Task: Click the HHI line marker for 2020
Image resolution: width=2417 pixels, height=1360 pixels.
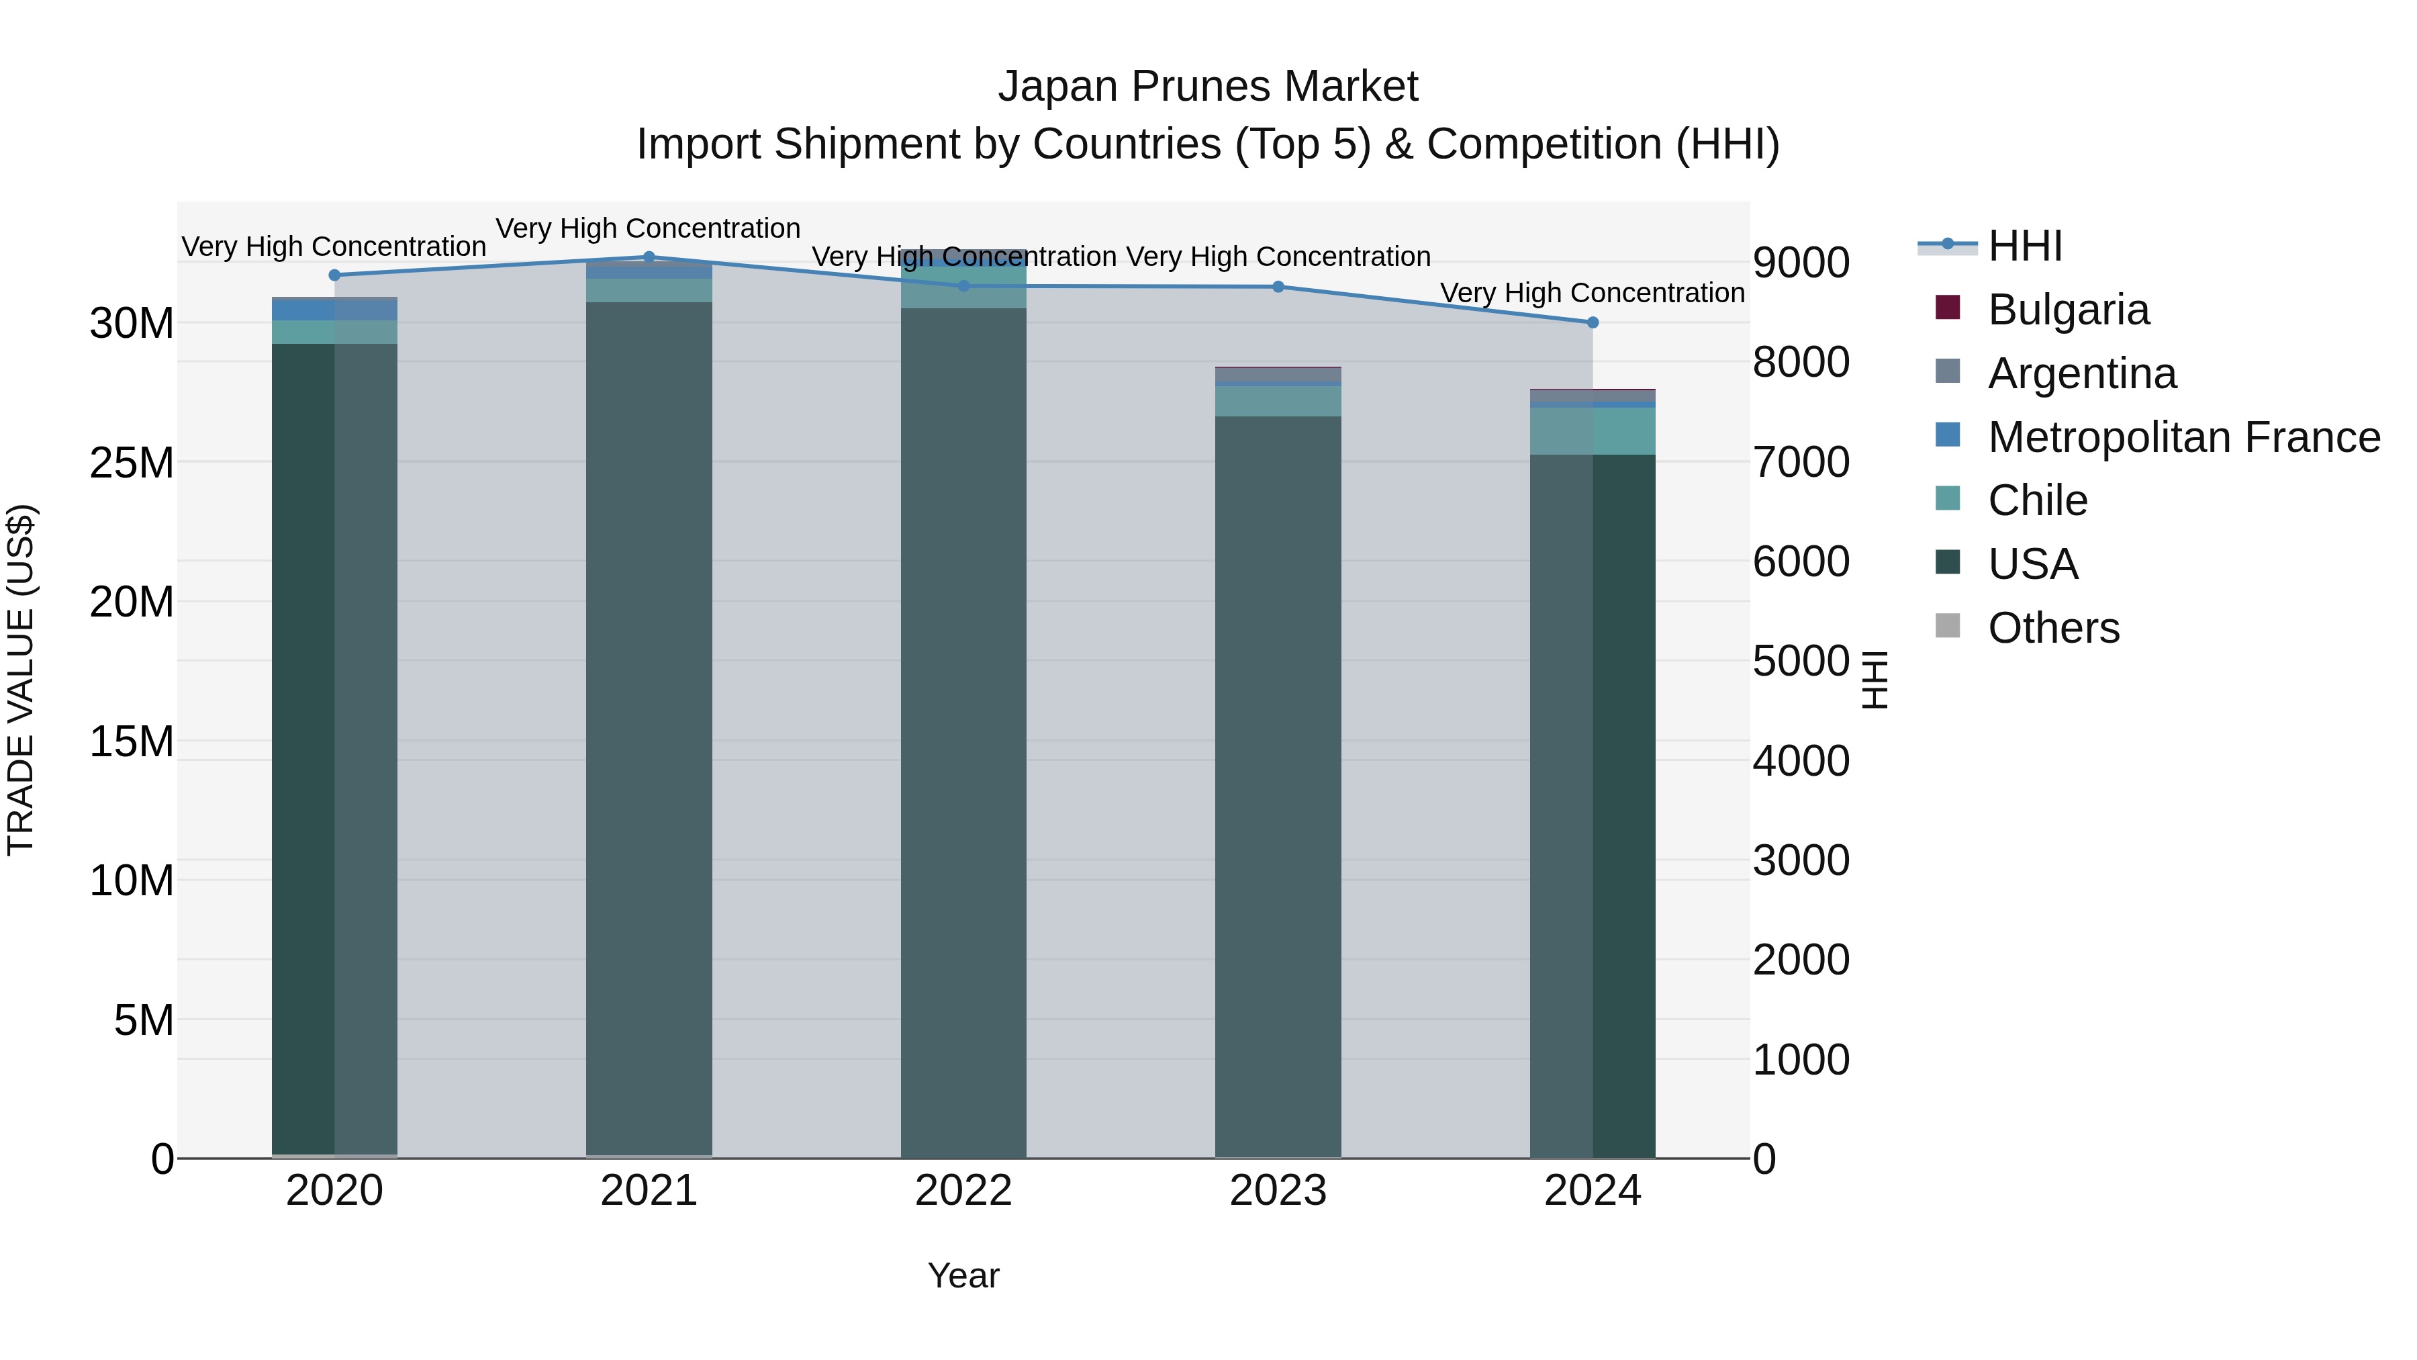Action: point(335,275)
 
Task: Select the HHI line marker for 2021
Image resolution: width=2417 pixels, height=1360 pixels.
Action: point(649,257)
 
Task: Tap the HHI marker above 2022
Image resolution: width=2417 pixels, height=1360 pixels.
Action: point(963,285)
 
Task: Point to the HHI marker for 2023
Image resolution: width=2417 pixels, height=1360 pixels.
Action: point(1278,286)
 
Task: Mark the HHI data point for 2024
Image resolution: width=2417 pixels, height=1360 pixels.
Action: point(1593,322)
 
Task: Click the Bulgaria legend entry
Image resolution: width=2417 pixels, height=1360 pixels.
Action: point(2068,310)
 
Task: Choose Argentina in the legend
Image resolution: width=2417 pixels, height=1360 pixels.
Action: point(2081,373)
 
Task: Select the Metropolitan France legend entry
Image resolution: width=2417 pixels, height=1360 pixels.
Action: point(2183,437)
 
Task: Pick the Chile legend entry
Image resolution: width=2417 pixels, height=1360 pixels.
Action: point(2037,500)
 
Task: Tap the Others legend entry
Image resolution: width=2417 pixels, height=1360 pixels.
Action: point(2053,628)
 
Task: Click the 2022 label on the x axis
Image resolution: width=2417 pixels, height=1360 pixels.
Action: point(963,1191)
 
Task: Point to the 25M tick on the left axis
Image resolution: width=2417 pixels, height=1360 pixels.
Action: point(132,463)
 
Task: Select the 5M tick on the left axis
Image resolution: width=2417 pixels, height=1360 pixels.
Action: point(144,1020)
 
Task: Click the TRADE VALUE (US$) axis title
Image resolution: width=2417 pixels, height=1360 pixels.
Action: point(21,680)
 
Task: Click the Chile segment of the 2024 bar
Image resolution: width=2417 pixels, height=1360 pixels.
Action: point(1593,430)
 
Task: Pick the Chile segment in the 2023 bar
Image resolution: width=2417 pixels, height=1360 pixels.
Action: point(1278,401)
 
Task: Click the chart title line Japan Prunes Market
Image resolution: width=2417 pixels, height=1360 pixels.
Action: point(1208,87)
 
